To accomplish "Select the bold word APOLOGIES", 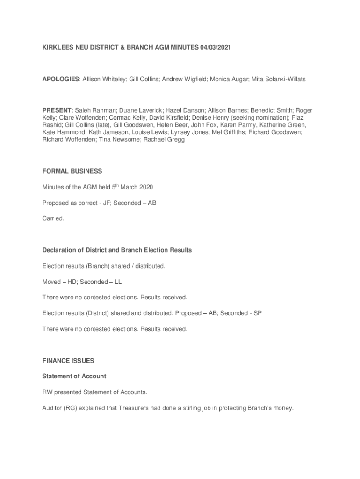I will click(60, 80).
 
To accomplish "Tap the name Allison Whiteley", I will click(104, 80).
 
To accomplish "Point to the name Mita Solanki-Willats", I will click(279, 80).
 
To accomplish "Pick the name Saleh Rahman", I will click(95, 110).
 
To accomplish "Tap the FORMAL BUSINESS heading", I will click(72, 171).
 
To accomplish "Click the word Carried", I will click(53, 218).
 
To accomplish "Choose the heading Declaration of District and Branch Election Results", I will click(117, 250).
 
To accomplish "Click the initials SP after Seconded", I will click(257, 313).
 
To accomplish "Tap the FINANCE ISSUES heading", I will click(68, 361).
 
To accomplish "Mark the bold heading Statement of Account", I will click(74, 376).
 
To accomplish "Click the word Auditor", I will click(52, 408).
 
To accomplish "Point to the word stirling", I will click(224, 408).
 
